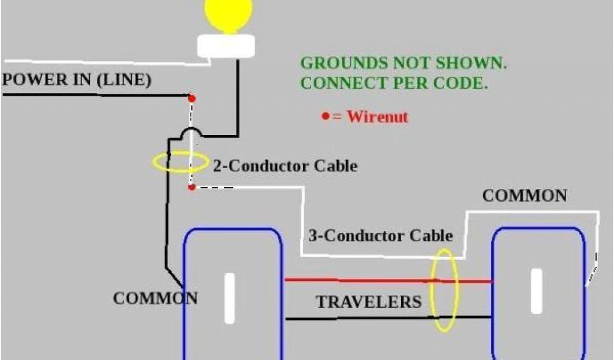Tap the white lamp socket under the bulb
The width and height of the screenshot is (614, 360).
[x=227, y=47]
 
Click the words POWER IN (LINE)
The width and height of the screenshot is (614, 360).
[x=77, y=80]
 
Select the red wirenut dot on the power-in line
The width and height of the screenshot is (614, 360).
[x=192, y=97]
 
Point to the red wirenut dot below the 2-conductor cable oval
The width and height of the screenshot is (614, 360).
[x=191, y=187]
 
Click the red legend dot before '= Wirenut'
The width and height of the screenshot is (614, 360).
[x=325, y=115]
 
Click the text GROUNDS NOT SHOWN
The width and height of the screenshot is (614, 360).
[x=407, y=63]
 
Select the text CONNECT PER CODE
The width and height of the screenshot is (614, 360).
[x=393, y=83]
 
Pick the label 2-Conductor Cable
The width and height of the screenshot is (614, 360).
[x=285, y=166]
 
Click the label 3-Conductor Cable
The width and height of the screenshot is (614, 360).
[x=380, y=235]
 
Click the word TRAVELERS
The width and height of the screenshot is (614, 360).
[x=369, y=302]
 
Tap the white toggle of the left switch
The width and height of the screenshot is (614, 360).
[x=230, y=298]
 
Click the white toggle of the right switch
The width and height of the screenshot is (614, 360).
[x=536, y=291]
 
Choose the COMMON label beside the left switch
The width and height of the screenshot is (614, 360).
[x=155, y=298]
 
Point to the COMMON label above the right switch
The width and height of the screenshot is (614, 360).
[x=524, y=196]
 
